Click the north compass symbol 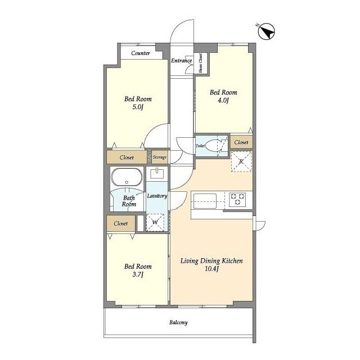266,31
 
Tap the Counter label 141,53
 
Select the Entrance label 181,61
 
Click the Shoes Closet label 200,63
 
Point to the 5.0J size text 138,107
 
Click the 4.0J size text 223,100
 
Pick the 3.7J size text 138,274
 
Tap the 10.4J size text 211,269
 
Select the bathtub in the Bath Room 127,177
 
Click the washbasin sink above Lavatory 157,173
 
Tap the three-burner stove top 237,199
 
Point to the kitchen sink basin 205,201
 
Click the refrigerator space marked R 241,161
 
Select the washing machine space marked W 155,222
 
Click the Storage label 160,157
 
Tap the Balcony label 178,322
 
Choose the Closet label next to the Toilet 241,142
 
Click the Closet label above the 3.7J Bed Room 121,223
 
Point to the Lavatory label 157,196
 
